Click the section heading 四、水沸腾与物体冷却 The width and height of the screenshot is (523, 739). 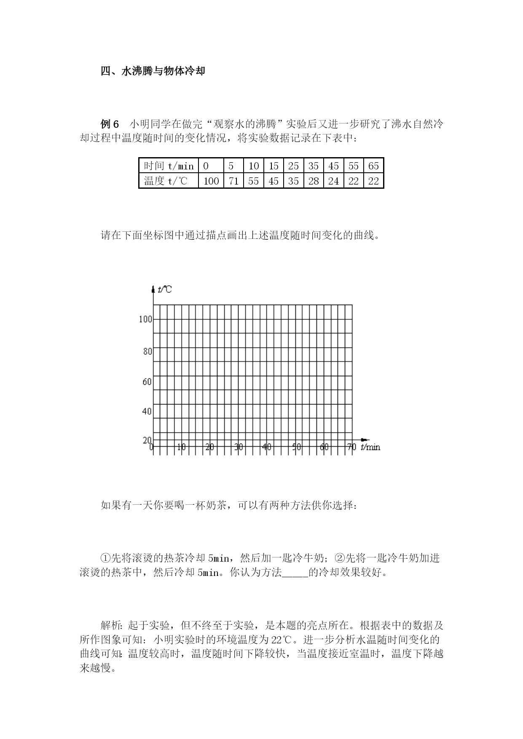153,71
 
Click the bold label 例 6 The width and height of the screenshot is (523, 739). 110,124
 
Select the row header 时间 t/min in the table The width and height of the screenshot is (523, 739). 169,166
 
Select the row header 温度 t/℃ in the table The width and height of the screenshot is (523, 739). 166,181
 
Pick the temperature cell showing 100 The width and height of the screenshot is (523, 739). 211,181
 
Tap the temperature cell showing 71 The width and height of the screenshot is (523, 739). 233,181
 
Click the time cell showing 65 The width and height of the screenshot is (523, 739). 373,166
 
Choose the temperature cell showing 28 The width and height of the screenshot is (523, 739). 313,181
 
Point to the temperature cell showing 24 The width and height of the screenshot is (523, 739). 333,181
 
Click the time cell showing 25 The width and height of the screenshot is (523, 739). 293,166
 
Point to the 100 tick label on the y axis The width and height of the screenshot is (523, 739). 145,319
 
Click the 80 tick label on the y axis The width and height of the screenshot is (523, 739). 148,351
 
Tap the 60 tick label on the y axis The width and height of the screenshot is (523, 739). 147,382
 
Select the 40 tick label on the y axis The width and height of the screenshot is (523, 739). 147,411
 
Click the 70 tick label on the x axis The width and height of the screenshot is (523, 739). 352,447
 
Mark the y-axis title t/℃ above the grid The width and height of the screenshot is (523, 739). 164,289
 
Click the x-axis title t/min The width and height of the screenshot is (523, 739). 370,447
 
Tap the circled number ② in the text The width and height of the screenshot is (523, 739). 340,558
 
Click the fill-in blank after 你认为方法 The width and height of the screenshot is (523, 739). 295,573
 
